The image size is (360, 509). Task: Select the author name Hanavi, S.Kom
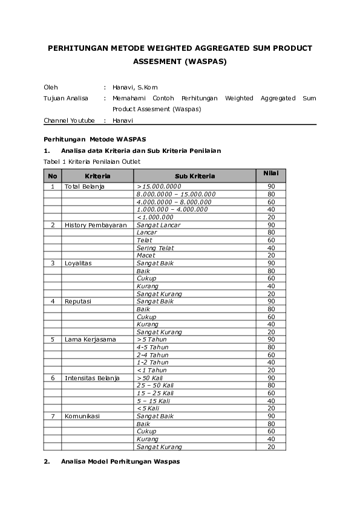[x=135, y=87]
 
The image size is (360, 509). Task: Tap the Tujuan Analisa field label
[x=66, y=98]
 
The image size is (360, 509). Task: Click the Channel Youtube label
[x=69, y=120]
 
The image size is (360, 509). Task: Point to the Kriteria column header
[x=97, y=176]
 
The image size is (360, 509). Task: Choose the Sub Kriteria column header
[x=194, y=176]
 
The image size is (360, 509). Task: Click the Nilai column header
[x=270, y=174]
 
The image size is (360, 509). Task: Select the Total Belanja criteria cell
[x=85, y=186]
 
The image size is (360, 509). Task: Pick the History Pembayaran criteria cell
[x=96, y=225]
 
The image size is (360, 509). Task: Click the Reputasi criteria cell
[x=78, y=301]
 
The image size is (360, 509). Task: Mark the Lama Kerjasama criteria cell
[x=90, y=339]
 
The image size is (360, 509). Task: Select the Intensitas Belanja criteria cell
[x=92, y=378]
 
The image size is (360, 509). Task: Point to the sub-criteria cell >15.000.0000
[x=159, y=186]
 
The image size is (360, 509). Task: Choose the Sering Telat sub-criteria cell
[x=155, y=248]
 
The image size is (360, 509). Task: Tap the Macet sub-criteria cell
[x=146, y=255]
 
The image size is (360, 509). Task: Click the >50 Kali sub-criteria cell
[x=151, y=378]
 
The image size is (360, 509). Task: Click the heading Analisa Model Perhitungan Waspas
[x=120, y=462]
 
